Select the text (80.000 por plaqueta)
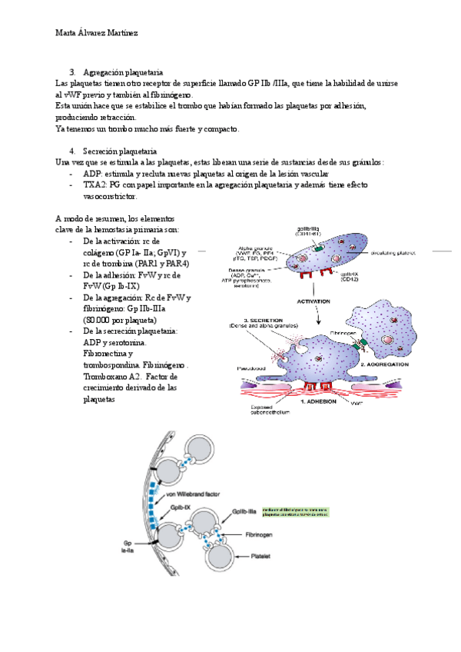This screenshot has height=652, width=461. pyautogui.click(x=120, y=319)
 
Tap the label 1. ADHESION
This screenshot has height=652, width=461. pyautogui.click(x=322, y=402)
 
